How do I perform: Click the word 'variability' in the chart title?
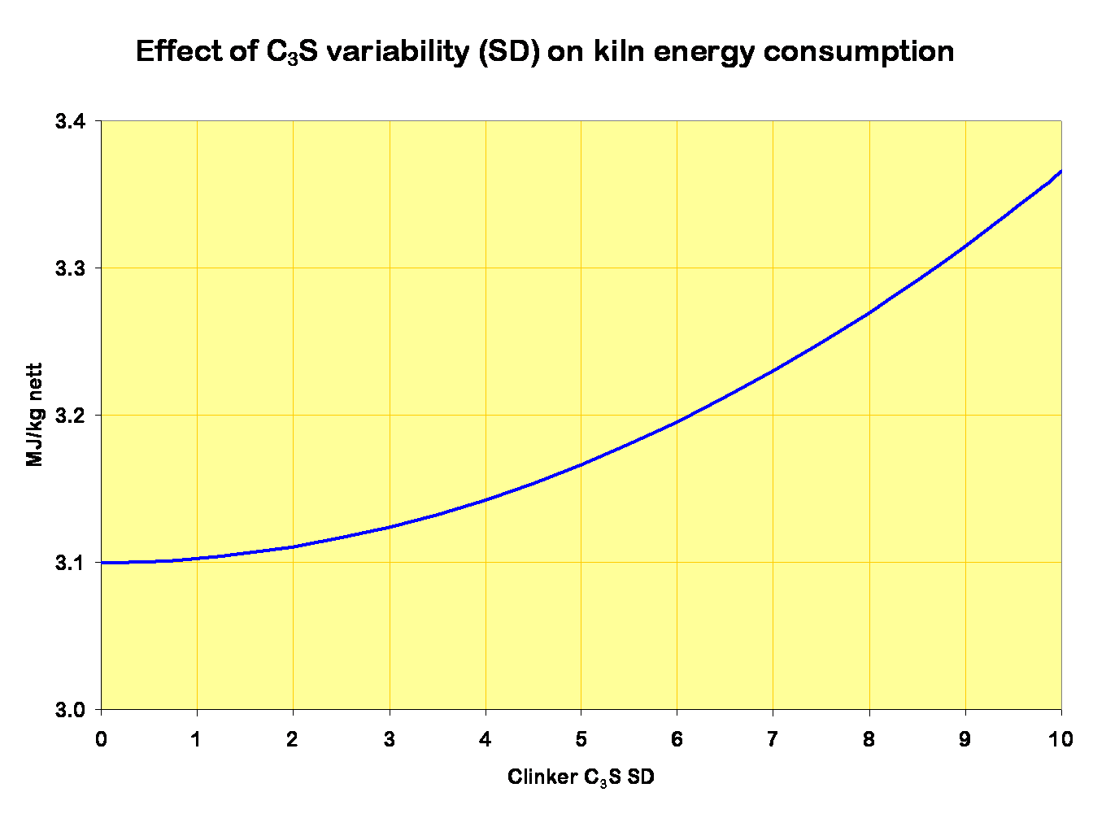click(x=391, y=52)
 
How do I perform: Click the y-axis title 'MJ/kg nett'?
click(x=34, y=415)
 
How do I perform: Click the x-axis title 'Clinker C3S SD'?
click(x=581, y=777)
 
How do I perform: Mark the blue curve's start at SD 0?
click(x=102, y=563)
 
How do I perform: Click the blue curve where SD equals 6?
click(x=677, y=421)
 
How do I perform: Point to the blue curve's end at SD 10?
click(x=1060, y=172)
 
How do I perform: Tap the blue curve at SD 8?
click(x=869, y=313)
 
